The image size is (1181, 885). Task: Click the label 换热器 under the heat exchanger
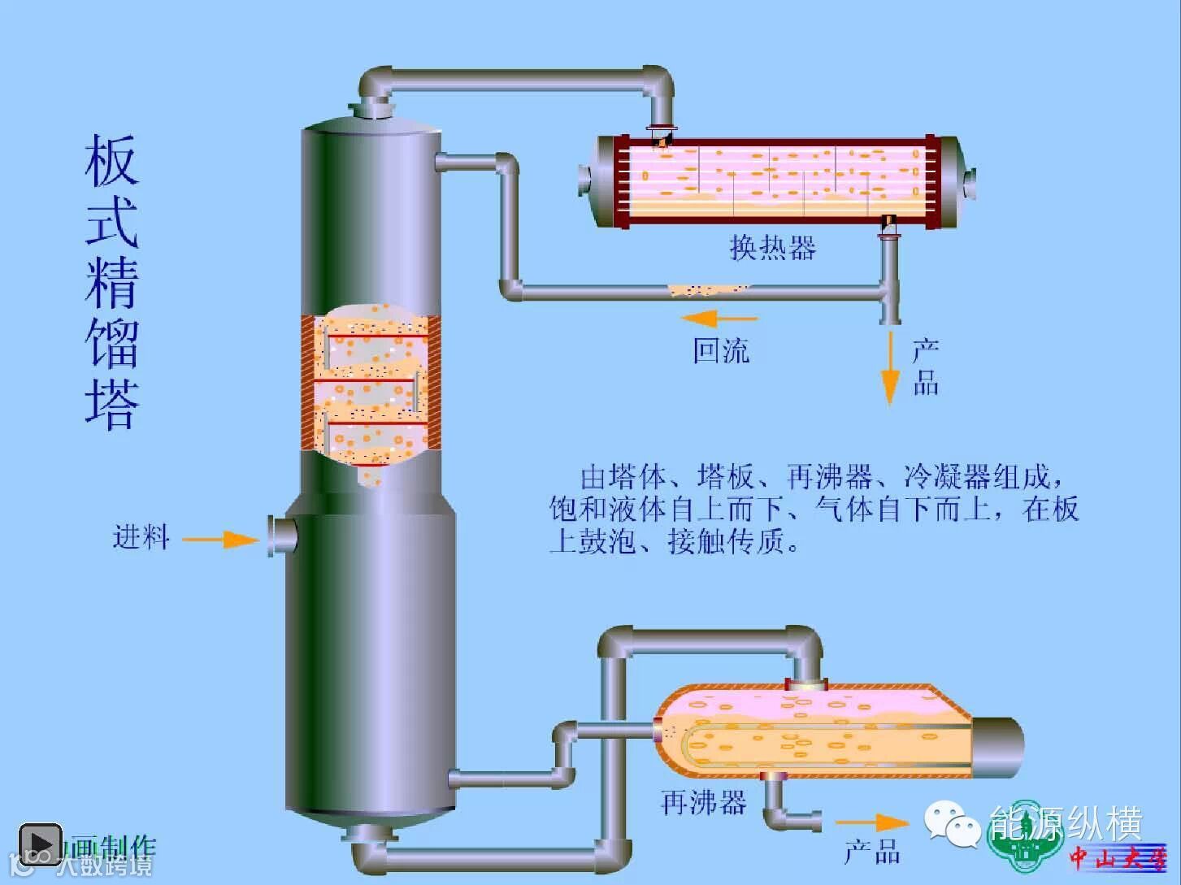click(x=772, y=247)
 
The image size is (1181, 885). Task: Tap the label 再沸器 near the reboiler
click(x=704, y=803)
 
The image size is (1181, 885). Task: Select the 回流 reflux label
click(x=721, y=351)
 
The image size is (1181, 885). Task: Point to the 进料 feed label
click(x=141, y=537)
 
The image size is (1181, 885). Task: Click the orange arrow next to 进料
click(x=220, y=540)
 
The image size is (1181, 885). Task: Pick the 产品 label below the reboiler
click(x=872, y=852)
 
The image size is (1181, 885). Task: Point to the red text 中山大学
click(x=1118, y=857)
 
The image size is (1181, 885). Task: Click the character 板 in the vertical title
click(x=111, y=161)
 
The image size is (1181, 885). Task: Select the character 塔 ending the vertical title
click(x=111, y=402)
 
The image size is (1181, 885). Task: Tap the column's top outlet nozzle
click(x=371, y=108)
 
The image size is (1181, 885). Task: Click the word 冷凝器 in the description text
click(x=947, y=477)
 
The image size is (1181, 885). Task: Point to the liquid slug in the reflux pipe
click(x=707, y=289)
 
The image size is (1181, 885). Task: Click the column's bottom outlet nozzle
click(x=370, y=835)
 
